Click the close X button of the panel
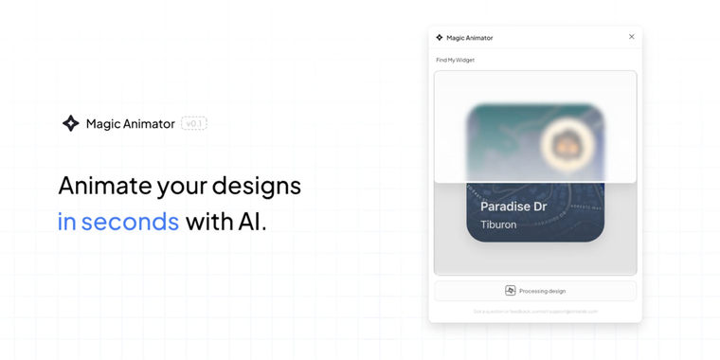pyautogui.click(x=632, y=37)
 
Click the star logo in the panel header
pyautogui.click(x=440, y=38)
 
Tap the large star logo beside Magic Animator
pyautogui.click(x=70, y=123)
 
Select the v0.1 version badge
pyautogui.click(x=194, y=123)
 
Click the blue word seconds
pyautogui.click(x=130, y=222)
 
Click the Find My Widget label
pyautogui.click(x=456, y=61)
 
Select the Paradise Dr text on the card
pyautogui.click(x=513, y=207)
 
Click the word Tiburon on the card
pyautogui.click(x=498, y=225)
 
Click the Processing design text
pyautogui.click(x=542, y=291)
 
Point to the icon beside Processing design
pyautogui.click(x=510, y=291)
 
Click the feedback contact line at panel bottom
pyautogui.click(x=535, y=311)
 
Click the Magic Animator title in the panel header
pyautogui.click(x=470, y=38)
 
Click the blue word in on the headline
pyautogui.click(x=66, y=222)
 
